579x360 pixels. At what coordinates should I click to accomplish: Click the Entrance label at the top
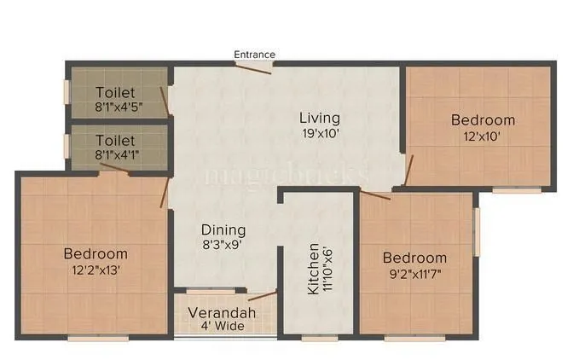click(255, 55)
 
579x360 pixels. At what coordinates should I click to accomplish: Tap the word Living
click(320, 118)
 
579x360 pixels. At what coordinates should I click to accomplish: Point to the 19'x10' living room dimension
click(320, 133)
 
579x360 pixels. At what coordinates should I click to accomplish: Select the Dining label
click(223, 230)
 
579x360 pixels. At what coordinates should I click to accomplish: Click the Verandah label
click(222, 313)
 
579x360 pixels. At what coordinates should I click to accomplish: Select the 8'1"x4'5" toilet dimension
click(119, 107)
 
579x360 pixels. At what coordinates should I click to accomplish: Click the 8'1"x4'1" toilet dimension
click(119, 154)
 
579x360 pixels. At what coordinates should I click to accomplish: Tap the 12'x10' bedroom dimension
click(483, 136)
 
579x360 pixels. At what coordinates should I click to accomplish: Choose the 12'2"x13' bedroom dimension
click(96, 270)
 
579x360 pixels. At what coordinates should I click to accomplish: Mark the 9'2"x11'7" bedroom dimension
click(414, 274)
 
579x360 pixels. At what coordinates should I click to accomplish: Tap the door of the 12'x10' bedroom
click(408, 169)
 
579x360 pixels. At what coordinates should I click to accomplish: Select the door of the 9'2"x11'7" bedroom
click(375, 195)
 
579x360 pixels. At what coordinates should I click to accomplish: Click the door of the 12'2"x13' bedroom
click(164, 193)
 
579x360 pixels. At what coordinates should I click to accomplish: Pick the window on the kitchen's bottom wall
click(320, 338)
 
